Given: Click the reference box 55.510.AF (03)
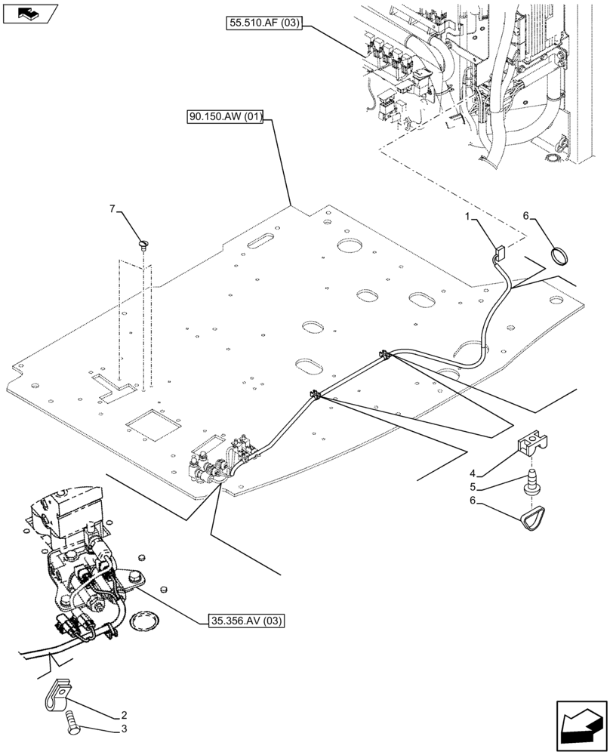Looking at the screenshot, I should coord(263,23).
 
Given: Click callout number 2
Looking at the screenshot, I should coord(122,715).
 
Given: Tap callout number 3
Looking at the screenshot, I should coord(122,729).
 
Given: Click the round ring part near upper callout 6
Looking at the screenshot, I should coord(559,257).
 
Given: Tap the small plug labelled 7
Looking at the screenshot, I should coord(143,243).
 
